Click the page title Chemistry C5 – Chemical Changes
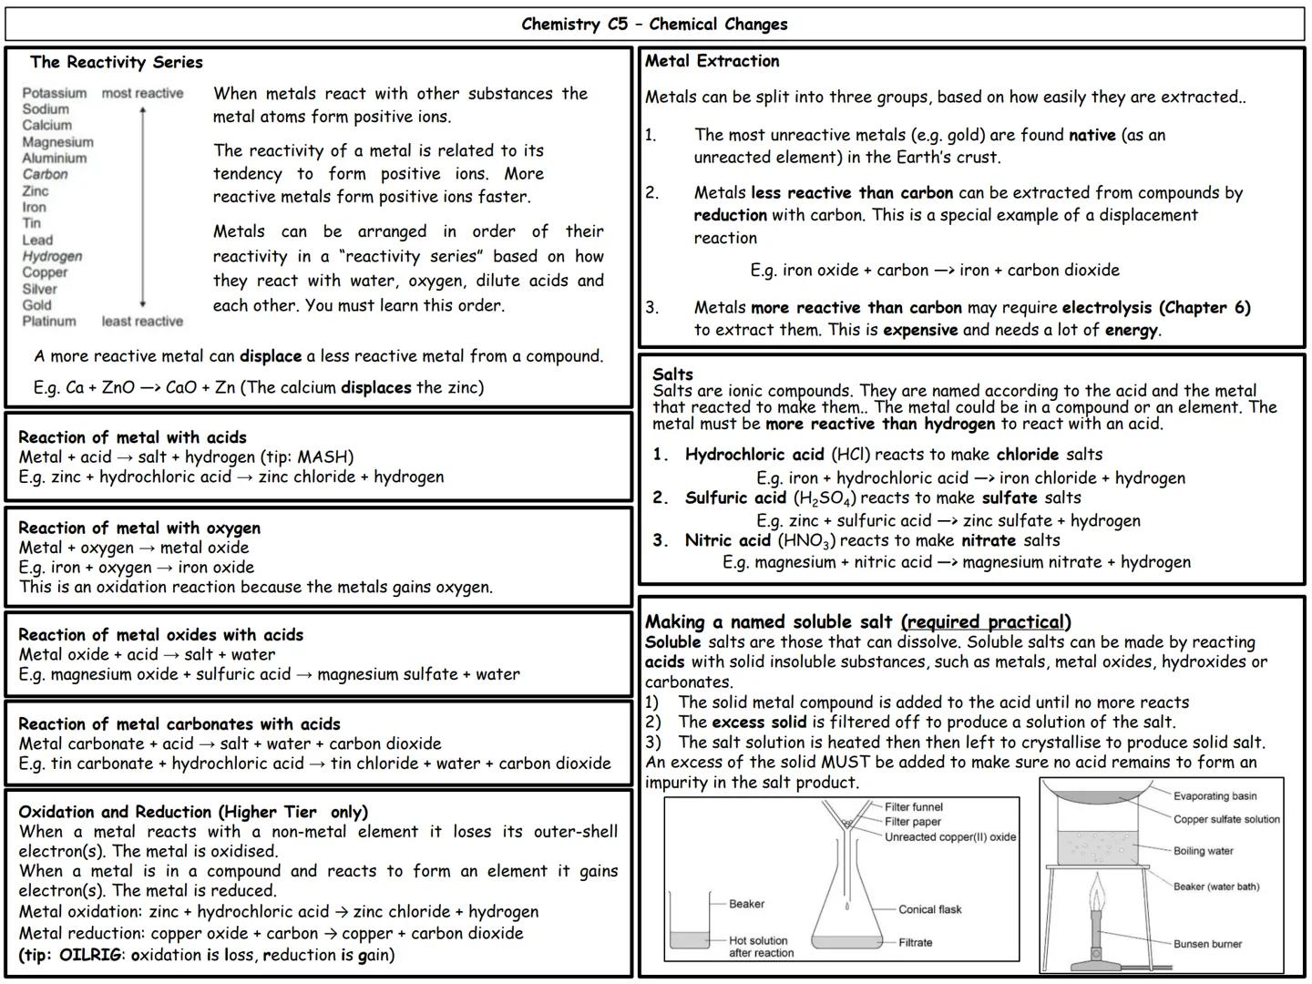(654, 25)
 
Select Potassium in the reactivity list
(54, 93)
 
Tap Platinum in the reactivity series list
(49, 321)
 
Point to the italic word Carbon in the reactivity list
(45, 174)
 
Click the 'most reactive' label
(142, 93)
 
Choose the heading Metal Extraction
(712, 61)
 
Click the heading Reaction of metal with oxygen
(138, 528)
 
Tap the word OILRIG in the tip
(90, 955)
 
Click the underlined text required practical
(985, 621)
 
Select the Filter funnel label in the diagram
(913, 806)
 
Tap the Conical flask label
(929, 909)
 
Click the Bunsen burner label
(1207, 944)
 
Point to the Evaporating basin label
(1215, 796)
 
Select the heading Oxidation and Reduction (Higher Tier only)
(192, 812)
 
